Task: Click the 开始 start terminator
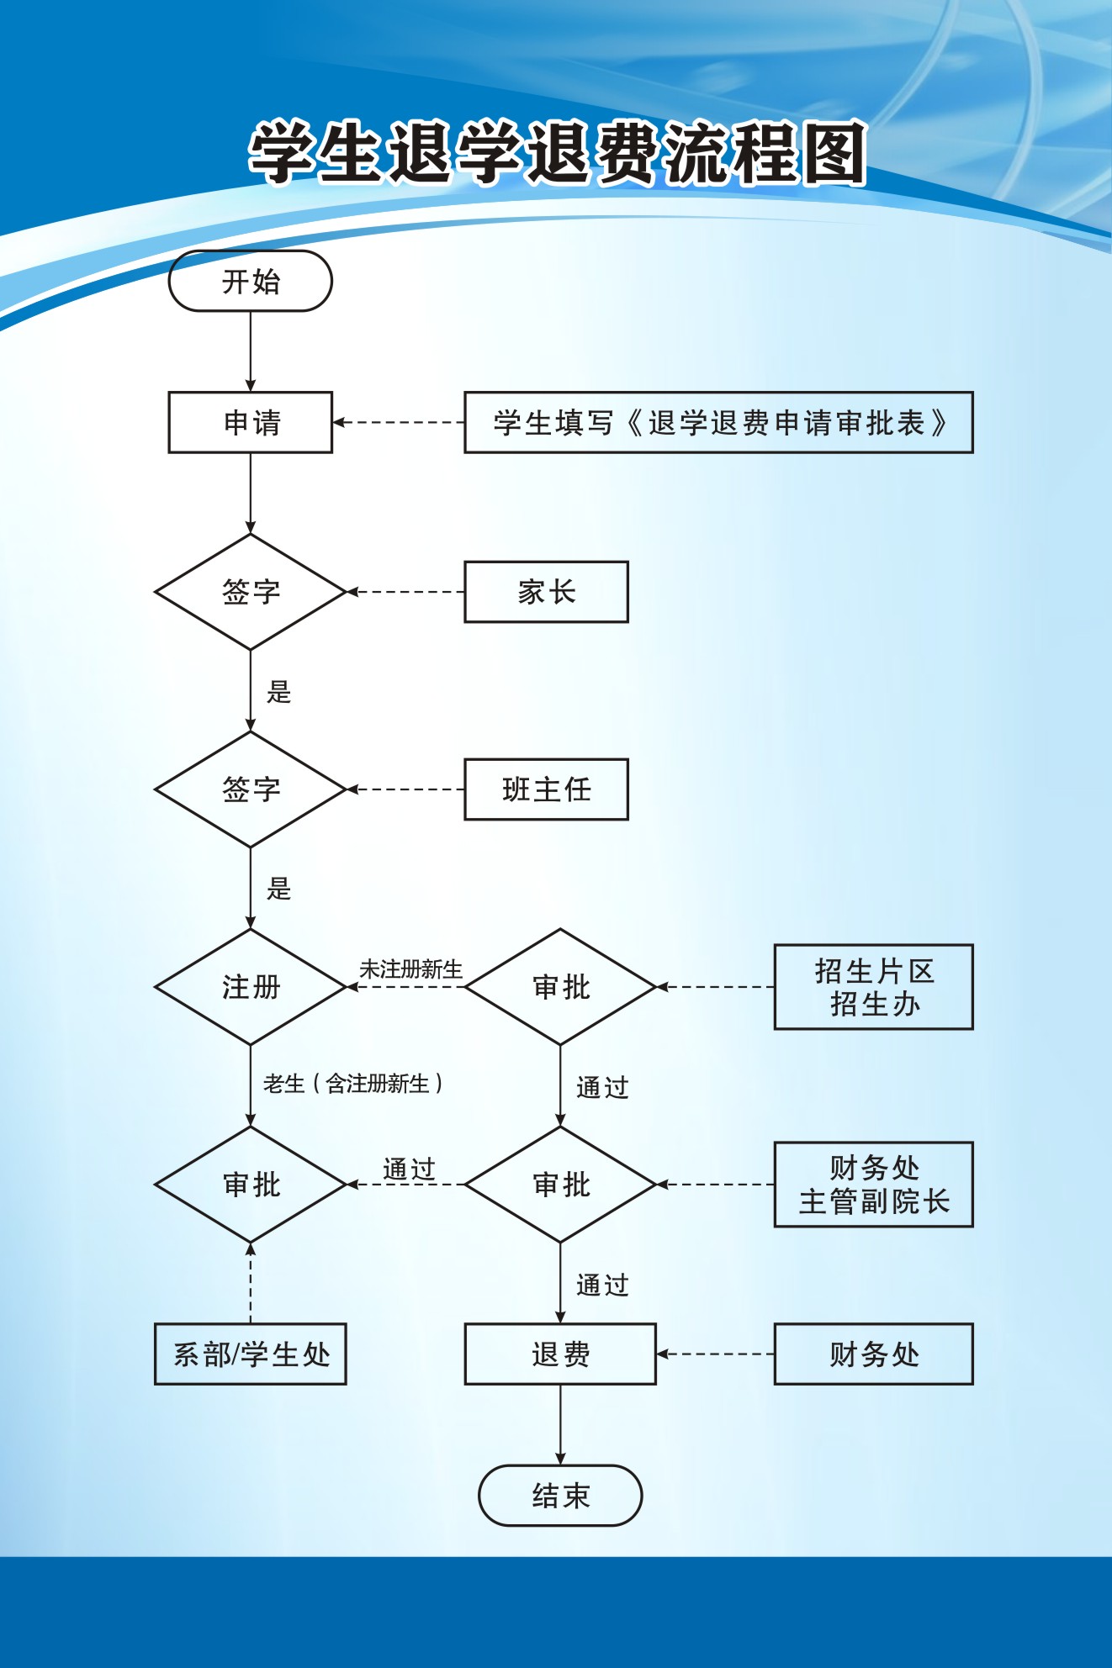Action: coord(251,282)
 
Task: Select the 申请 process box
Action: coord(251,422)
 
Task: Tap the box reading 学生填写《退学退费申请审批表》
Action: coord(718,422)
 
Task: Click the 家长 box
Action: coord(546,592)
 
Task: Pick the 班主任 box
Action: coord(546,789)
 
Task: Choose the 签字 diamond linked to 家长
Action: coord(251,592)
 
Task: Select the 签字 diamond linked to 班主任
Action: coord(251,789)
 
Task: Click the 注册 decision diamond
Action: coord(251,987)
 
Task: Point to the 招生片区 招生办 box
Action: coord(873,987)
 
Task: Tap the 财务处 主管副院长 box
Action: coord(873,1185)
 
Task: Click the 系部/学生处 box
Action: coord(251,1354)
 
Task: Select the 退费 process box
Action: coord(560,1354)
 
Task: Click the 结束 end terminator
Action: coord(560,1496)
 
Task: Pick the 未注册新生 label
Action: coord(410,969)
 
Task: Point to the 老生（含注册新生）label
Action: coord(352,1084)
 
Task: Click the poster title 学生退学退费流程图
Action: coord(557,153)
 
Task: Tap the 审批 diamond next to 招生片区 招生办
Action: coord(560,987)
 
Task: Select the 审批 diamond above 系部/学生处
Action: coord(251,1185)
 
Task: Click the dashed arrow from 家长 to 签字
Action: coord(405,592)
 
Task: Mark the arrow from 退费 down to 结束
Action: coord(560,1424)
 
